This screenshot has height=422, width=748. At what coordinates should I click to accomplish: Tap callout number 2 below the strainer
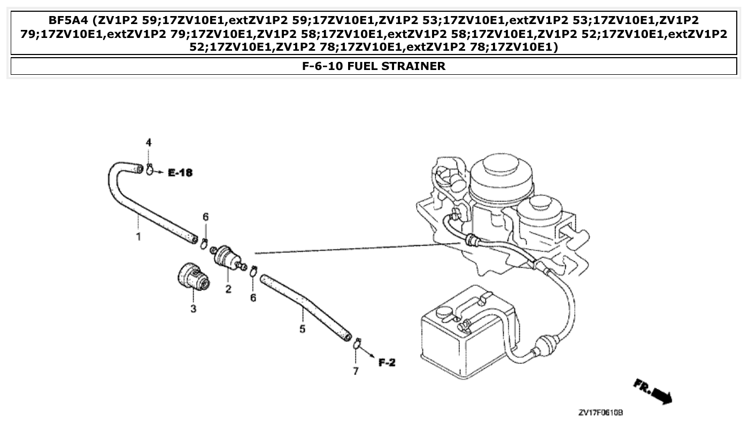tap(228, 290)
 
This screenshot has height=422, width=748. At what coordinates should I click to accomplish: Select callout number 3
tap(194, 309)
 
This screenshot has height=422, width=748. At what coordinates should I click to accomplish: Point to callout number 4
tap(149, 143)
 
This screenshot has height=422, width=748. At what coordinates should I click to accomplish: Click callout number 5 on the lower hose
tap(302, 329)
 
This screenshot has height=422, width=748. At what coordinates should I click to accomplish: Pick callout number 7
tap(356, 371)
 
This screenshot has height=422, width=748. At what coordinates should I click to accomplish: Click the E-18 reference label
tap(180, 173)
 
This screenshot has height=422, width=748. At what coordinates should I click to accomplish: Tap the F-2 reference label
tap(387, 363)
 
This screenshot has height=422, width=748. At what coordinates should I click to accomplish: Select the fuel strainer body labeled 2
tap(226, 257)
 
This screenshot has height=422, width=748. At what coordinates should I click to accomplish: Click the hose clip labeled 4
tap(150, 170)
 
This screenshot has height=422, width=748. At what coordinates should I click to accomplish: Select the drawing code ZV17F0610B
tap(601, 413)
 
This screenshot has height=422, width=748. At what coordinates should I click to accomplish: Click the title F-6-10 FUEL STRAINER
tap(374, 66)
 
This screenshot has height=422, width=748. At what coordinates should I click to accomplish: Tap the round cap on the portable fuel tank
tap(444, 311)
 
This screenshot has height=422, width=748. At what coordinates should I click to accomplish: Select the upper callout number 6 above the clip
tap(205, 217)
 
